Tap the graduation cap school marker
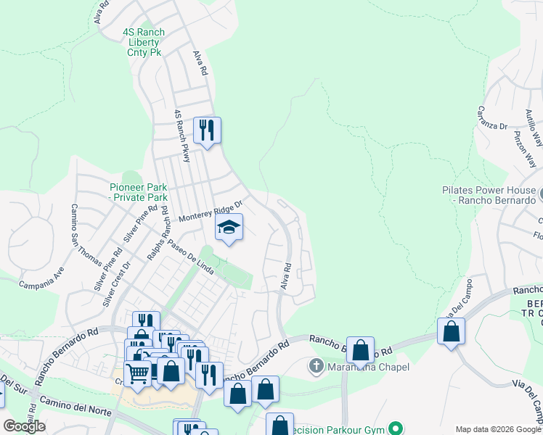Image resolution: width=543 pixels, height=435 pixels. click(229, 228)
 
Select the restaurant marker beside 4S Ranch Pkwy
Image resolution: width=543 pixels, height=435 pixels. click(207, 130)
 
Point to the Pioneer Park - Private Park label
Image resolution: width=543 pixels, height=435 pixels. click(138, 192)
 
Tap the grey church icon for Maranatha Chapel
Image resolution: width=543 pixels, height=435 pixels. click(316, 367)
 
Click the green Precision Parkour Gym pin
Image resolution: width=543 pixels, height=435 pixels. click(395, 428)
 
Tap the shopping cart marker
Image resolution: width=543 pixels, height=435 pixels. click(137, 373)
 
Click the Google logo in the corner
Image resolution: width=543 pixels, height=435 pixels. click(24, 426)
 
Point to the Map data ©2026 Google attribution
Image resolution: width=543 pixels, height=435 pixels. click(498, 429)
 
